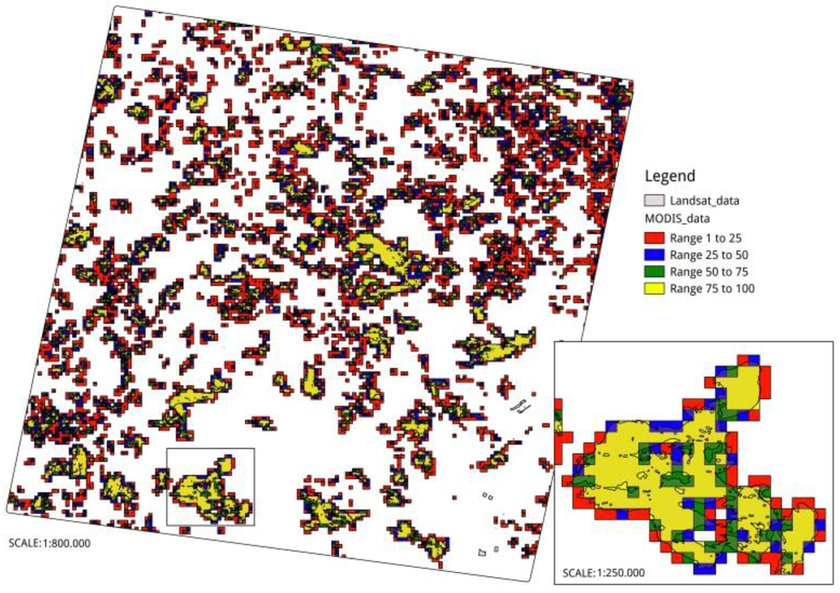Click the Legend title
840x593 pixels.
(x=670, y=176)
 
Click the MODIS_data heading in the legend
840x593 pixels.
(x=677, y=219)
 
